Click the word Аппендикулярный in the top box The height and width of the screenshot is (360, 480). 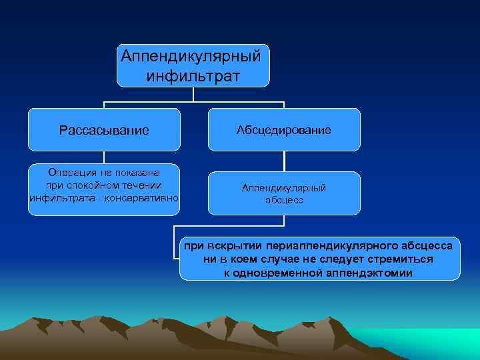click(x=193, y=54)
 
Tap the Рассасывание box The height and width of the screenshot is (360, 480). click(x=104, y=129)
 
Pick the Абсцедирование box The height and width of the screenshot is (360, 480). click(x=284, y=129)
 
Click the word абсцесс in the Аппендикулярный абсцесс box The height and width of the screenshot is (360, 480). click(x=284, y=200)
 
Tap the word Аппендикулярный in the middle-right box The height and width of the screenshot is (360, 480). click(x=284, y=188)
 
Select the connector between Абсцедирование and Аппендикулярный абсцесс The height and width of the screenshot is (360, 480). click(x=284, y=161)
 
